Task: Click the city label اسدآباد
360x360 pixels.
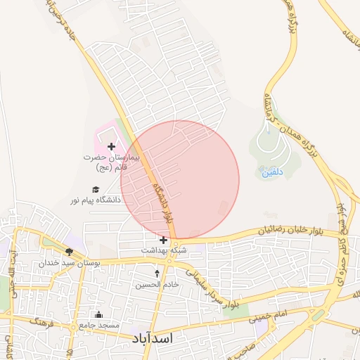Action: tap(152, 338)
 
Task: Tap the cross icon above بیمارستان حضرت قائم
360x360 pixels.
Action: tap(111, 146)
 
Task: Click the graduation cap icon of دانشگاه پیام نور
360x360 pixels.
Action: tap(96, 189)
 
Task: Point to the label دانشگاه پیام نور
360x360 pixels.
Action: tap(95, 200)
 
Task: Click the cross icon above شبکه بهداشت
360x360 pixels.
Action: tap(164, 240)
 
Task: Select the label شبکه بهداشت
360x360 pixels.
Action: tap(164, 250)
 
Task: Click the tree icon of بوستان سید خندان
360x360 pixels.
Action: tap(69, 252)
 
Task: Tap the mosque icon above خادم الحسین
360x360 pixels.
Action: tap(157, 273)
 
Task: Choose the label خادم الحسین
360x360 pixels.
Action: tap(157, 284)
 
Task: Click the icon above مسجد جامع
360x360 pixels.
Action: tap(98, 314)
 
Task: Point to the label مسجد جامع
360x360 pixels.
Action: tap(98, 325)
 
